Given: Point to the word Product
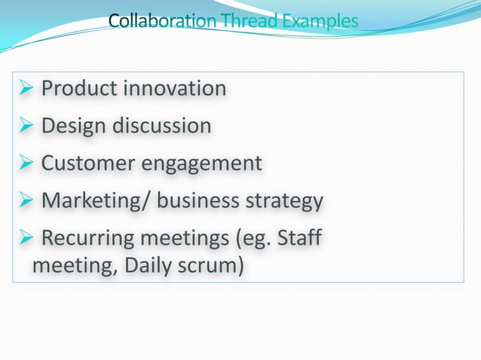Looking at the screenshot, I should coord(79,89).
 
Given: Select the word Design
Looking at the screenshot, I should coord(74,126).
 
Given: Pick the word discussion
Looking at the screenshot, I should coord(161,126).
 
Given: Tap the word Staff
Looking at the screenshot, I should coord(299,239).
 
